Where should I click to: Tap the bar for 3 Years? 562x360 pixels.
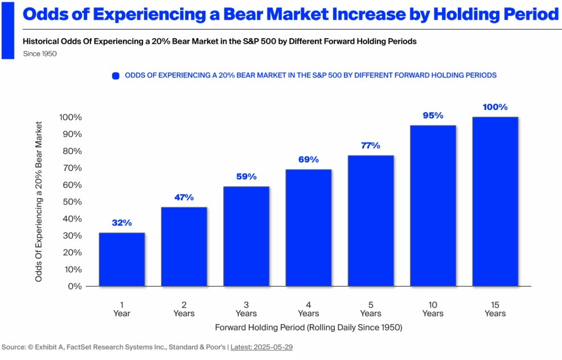pyautogui.click(x=246, y=236)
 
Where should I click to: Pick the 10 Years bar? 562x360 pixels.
pyautogui.click(x=433, y=206)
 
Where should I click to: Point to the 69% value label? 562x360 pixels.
pyautogui.click(x=309, y=159)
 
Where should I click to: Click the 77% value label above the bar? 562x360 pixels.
pyautogui.click(x=370, y=146)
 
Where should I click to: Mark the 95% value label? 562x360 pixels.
pyautogui.click(x=433, y=116)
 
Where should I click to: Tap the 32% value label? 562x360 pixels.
pyautogui.click(x=122, y=223)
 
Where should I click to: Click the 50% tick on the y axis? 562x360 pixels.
pyautogui.click(x=71, y=202)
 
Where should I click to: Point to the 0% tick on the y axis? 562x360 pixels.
pyautogui.click(x=73, y=286)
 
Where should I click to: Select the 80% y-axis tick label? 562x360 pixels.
pyautogui.click(x=71, y=151)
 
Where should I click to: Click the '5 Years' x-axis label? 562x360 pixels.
pyautogui.click(x=371, y=309)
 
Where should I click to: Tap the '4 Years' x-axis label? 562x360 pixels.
pyautogui.click(x=309, y=309)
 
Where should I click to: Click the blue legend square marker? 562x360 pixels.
pyautogui.click(x=116, y=75)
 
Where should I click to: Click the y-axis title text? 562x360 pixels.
pyautogui.click(x=39, y=201)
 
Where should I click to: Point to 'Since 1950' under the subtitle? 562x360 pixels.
pyautogui.click(x=40, y=54)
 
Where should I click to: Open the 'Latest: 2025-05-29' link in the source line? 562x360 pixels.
pyautogui.click(x=261, y=347)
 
